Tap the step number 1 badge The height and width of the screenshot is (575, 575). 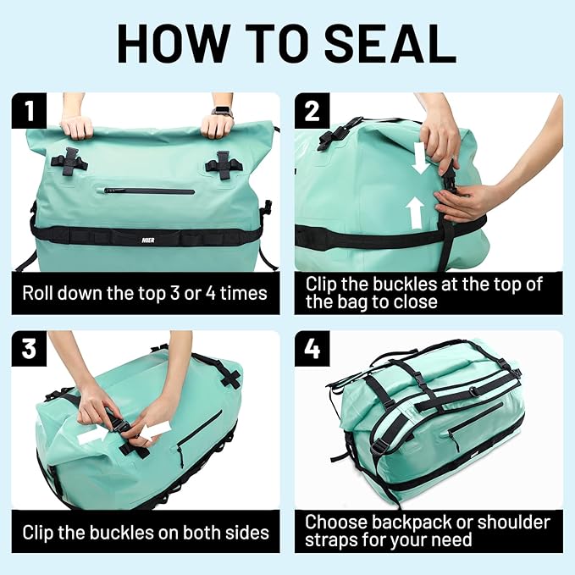(x=29, y=110)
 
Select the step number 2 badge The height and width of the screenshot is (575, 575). (x=312, y=110)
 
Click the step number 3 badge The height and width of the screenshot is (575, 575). (x=29, y=348)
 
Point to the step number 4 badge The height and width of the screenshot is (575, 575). (x=312, y=348)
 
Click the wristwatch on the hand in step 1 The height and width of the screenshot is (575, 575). (x=223, y=112)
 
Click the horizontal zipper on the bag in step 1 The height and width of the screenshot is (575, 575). (x=149, y=191)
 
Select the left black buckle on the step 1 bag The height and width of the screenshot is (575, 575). (x=69, y=161)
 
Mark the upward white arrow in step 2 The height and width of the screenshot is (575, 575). (x=414, y=213)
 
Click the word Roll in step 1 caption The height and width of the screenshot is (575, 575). (x=41, y=294)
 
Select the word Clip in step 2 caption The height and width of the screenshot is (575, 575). (x=323, y=284)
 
